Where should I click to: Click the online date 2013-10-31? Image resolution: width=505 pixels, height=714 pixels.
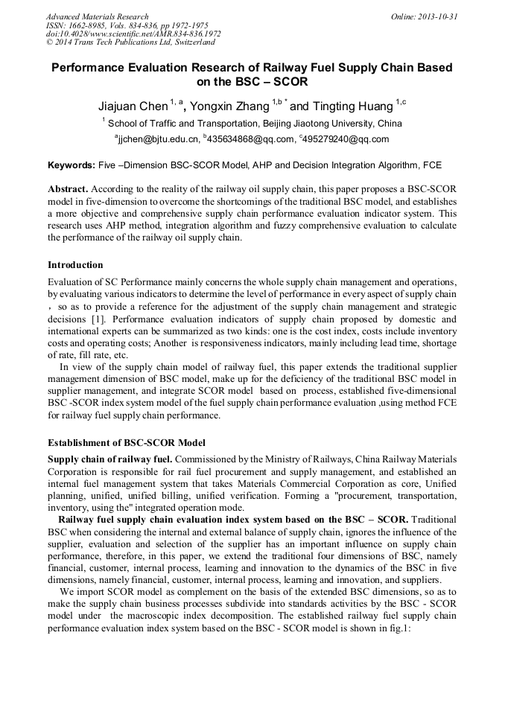(x=436, y=16)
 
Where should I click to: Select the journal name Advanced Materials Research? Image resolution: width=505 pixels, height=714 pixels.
(x=97, y=16)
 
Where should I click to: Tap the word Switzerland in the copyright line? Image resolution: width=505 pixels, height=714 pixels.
(x=191, y=42)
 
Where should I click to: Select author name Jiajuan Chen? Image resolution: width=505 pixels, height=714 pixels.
(x=133, y=106)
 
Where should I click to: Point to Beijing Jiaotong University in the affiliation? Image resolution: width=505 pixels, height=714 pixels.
(x=317, y=124)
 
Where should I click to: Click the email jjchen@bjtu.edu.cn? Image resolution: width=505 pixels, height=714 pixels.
(x=159, y=139)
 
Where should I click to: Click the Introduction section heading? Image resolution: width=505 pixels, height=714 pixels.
(x=75, y=264)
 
